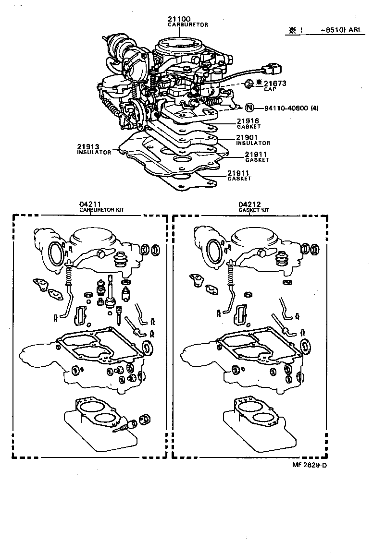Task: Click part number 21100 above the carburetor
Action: coord(179,19)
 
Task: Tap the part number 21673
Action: coord(274,84)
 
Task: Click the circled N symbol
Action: coord(249,108)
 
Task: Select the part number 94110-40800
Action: coord(284,108)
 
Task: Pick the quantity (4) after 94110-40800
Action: coord(314,108)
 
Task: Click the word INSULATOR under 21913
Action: coord(94,152)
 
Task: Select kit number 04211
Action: coord(90,204)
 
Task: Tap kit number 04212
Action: coord(250,204)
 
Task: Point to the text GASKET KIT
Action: coord(254,210)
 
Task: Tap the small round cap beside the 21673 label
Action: coord(248,84)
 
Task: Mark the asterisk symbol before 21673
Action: coord(259,83)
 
